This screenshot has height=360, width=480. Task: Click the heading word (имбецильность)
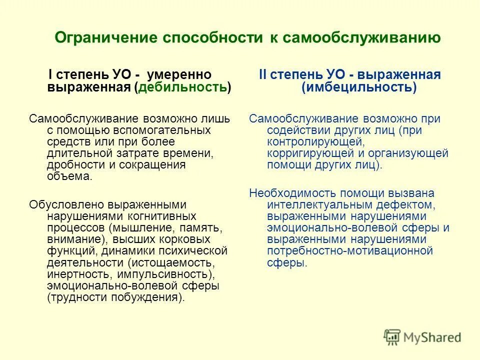point(358,87)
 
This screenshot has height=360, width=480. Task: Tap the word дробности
point(71,165)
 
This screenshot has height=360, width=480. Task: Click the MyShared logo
point(422,336)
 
